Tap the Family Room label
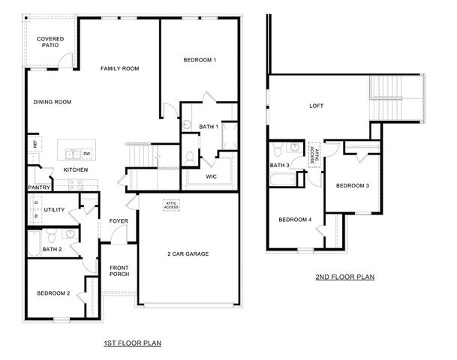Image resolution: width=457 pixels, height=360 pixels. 120,69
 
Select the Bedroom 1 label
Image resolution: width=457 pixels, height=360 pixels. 200,60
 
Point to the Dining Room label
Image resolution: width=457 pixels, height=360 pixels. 53,102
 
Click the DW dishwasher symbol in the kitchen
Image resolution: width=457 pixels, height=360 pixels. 87,154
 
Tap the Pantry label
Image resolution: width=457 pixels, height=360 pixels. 38,187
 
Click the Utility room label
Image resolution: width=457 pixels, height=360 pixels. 55,210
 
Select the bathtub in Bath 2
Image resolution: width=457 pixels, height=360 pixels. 34,242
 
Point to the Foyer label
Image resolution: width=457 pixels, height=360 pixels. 119,221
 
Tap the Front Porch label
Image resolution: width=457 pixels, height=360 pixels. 119,271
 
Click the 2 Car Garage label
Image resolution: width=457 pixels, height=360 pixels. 188,254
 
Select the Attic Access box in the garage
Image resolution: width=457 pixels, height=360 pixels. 171,204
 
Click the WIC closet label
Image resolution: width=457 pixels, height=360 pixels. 211,176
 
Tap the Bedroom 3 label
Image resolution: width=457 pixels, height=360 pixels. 352,185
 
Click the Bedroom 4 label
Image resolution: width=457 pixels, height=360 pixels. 295,220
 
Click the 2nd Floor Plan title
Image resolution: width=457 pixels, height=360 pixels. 344,277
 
